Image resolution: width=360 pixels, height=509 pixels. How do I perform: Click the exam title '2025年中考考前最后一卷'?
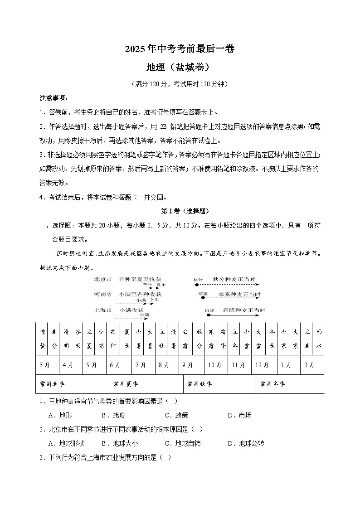pyautogui.click(x=180, y=49)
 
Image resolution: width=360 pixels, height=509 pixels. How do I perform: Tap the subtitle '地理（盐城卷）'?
pyautogui.click(x=180, y=67)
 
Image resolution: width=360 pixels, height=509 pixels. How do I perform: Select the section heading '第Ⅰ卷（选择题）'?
pyautogui.click(x=180, y=211)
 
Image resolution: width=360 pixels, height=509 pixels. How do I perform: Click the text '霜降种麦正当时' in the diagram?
pyautogui.click(x=243, y=310)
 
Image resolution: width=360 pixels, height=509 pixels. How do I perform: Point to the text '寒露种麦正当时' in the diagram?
pyautogui.click(x=239, y=295)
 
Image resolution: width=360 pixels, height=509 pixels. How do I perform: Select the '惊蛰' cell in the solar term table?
pyautogui.click(x=42, y=338)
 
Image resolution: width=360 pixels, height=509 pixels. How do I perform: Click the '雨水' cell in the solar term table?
pyautogui.click(x=319, y=338)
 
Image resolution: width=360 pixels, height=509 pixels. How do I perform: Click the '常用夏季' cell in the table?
pyautogui.click(x=126, y=384)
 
